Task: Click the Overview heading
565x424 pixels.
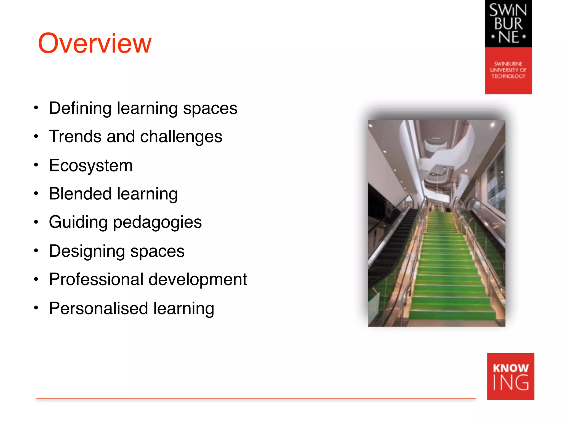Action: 95,43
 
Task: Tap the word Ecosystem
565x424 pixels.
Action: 91,166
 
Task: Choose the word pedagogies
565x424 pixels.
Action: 157,222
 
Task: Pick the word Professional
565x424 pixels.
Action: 96,279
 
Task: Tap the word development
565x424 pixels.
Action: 198,279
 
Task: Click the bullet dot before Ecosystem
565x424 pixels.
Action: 36,165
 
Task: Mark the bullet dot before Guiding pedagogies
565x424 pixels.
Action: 36,222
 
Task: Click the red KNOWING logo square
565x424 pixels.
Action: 510,376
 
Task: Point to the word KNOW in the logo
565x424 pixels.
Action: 510,368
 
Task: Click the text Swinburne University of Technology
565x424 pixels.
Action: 508,70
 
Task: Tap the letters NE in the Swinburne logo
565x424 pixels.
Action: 508,37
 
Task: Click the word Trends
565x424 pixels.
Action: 75,137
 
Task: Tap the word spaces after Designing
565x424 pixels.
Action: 157,251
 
